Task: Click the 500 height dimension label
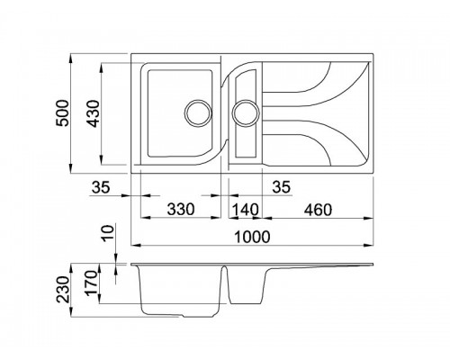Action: (x=63, y=113)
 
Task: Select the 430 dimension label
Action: (x=93, y=113)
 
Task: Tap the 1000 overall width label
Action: (x=252, y=237)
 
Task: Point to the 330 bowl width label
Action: (x=181, y=209)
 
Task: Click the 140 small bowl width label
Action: (x=245, y=209)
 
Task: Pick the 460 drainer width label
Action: (x=318, y=210)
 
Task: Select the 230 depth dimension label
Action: (x=63, y=289)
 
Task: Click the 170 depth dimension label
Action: (x=92, y=283)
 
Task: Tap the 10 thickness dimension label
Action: (x=108, y=233)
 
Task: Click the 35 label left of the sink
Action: (x=101, y=187)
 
